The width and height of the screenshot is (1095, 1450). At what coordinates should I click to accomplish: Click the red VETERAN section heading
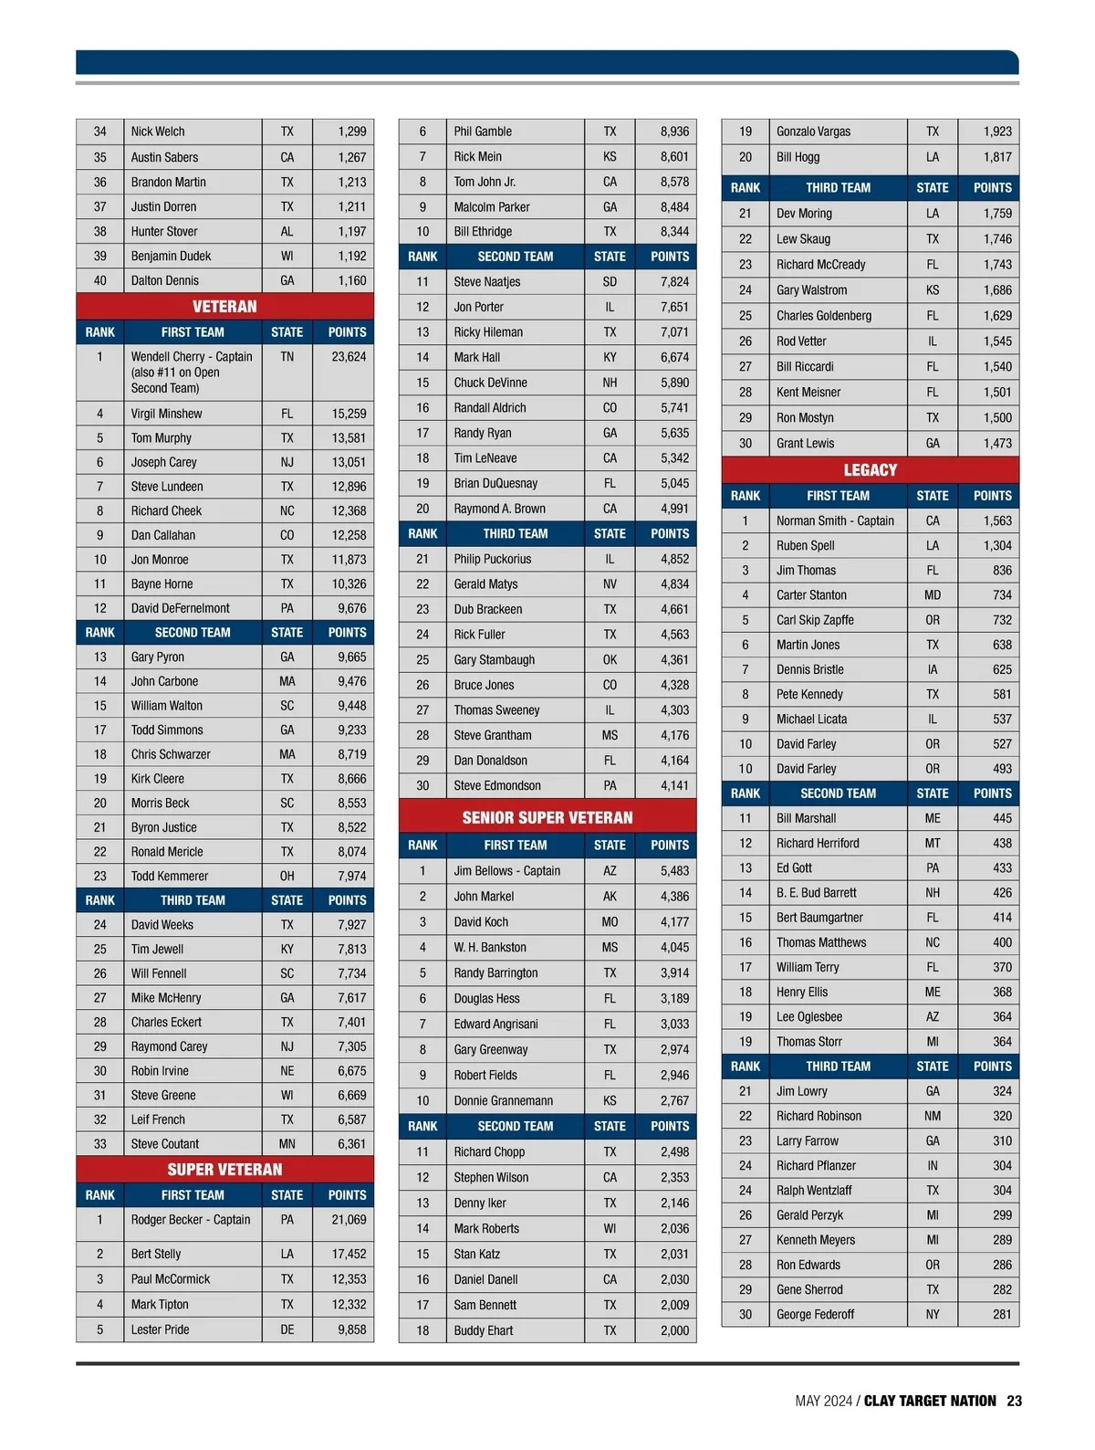[x=224, y=307]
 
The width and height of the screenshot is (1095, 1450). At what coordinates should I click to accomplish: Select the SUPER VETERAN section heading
[x=224, y=1170]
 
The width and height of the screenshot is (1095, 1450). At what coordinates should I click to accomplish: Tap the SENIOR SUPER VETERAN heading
[x=547, y=817]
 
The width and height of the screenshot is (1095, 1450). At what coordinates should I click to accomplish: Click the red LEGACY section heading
[x=870, y=470]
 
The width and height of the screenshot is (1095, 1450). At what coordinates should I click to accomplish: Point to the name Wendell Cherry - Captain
[x=192, y=357]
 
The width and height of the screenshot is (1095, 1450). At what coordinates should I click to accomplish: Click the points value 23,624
[x=349, y=357]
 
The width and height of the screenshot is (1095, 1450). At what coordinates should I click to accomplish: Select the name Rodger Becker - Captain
[x=190, y=1220]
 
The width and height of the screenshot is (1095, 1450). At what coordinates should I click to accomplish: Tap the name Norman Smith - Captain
[x=835, y=520]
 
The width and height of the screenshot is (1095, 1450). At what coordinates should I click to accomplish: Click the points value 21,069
[x=349, y=1220]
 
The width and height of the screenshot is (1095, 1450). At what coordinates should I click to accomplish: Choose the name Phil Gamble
[x=483, y=131]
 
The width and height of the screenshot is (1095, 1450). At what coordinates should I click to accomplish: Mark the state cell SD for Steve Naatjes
[x=610, y=282]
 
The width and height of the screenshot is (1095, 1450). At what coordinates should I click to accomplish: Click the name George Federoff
[x=815, y=1315]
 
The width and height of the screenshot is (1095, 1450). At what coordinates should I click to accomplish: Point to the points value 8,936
[x=674, y=131]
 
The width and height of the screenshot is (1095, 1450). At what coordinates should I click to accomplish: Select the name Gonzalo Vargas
[x=813, y=131]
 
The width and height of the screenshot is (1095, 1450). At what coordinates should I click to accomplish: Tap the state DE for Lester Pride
[x=287, y=1329]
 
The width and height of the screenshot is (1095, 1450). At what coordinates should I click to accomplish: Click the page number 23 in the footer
[x=1015, y=1401]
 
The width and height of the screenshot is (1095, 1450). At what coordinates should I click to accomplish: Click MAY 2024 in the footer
[x=823, y=1401]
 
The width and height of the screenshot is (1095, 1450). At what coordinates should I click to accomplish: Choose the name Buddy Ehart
[x=484, y=1330]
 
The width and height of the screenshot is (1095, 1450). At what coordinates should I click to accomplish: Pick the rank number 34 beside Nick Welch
[x=100, y=131]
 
